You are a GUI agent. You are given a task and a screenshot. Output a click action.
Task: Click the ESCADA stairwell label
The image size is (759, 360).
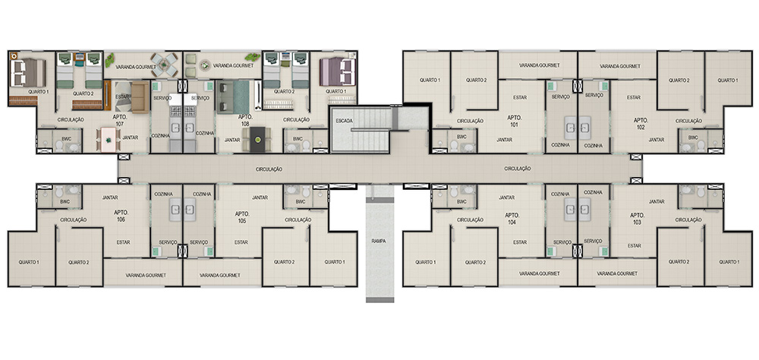(x=344, y=121)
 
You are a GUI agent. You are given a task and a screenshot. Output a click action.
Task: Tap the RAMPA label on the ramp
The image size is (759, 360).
(x=379, y=241)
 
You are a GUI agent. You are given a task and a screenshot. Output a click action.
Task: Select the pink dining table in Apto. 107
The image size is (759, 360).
(x=109, y=140)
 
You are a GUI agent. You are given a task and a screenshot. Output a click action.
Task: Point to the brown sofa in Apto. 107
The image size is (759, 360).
(x=140, y=97)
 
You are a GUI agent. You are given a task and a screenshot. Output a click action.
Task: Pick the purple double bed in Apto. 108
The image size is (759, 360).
(x=338, y=71)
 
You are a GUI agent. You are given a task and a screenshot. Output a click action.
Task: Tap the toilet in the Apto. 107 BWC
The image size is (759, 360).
(x=58, y=145)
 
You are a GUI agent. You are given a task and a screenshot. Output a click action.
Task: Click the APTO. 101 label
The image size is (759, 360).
(x=514, y=121)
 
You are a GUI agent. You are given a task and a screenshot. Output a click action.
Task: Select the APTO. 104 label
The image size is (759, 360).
(x=512, y=219)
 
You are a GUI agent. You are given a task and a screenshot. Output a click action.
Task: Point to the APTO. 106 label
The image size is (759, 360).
(x=121, y=216)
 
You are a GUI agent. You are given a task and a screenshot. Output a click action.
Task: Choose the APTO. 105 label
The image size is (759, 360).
(x=242, y=217)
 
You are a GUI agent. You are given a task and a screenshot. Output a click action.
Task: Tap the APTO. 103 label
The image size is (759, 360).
(x=637, y=219)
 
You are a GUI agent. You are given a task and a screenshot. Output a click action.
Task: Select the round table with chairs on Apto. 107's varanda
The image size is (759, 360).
(x=165, y=65)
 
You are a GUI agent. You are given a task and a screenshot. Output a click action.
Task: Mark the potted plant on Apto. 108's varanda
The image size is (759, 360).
(x=252, y=57)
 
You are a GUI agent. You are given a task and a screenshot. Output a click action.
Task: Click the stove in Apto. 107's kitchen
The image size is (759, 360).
(x=176, y=112)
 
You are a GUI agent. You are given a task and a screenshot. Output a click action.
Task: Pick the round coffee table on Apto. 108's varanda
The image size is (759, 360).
(x=205, y=65)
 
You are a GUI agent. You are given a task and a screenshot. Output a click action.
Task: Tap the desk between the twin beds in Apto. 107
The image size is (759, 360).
(x=80, y=60)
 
